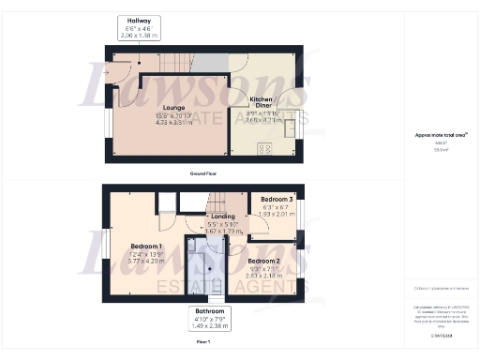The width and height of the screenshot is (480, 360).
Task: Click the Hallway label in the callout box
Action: point(139,20)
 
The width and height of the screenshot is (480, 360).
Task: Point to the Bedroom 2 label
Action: point(263,261)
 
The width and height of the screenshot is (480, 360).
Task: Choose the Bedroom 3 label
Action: point(277,200)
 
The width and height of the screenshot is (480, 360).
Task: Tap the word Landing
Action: point(223,217)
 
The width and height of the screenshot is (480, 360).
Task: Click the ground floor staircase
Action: point(176,64)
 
